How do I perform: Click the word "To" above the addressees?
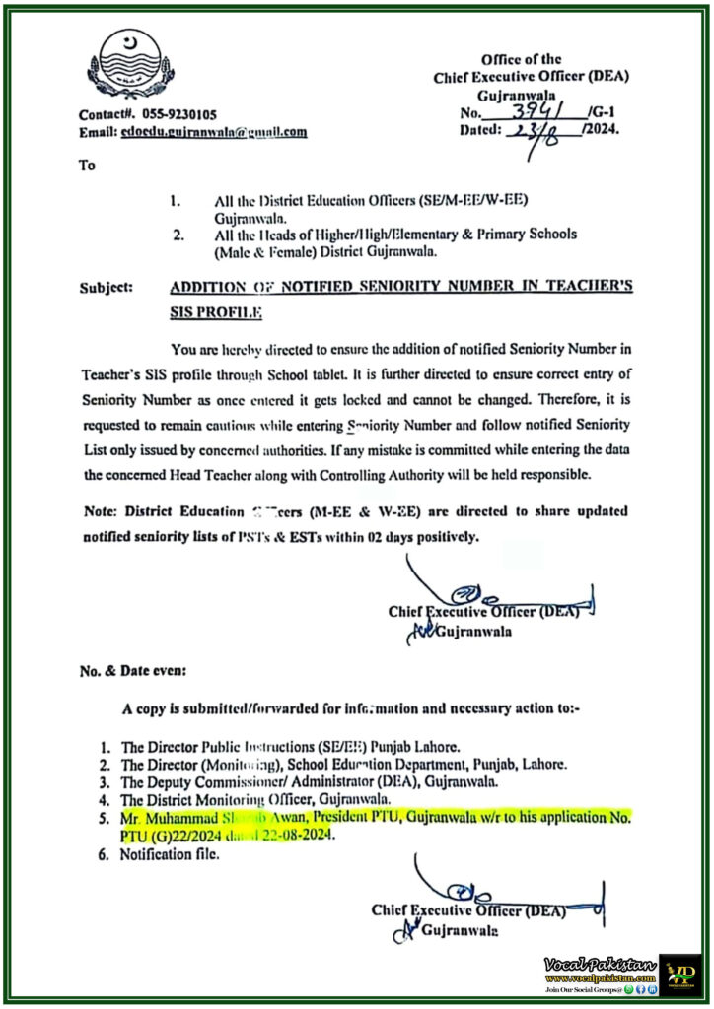click(87, 165)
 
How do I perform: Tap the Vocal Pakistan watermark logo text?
click(598, 961)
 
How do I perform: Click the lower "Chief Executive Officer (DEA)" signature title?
click(468, 910)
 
